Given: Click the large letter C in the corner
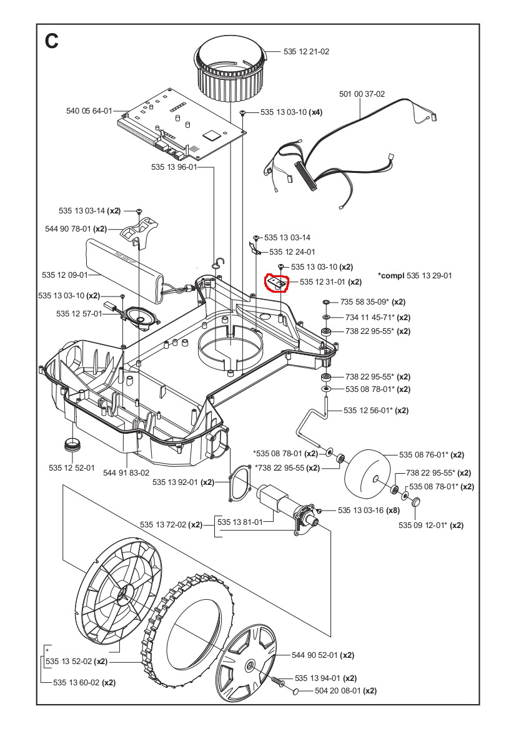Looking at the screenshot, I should click(x=52, y=41).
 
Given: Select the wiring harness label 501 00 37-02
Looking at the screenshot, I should click(x=362, y=94).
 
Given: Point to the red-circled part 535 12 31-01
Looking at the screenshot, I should click(x=276, y=283).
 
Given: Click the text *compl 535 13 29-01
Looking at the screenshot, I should click(x=415, y=275).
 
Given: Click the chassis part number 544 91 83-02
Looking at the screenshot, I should click(x=126, y=472).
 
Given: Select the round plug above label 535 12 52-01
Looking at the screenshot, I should click(x=74, y=446).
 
